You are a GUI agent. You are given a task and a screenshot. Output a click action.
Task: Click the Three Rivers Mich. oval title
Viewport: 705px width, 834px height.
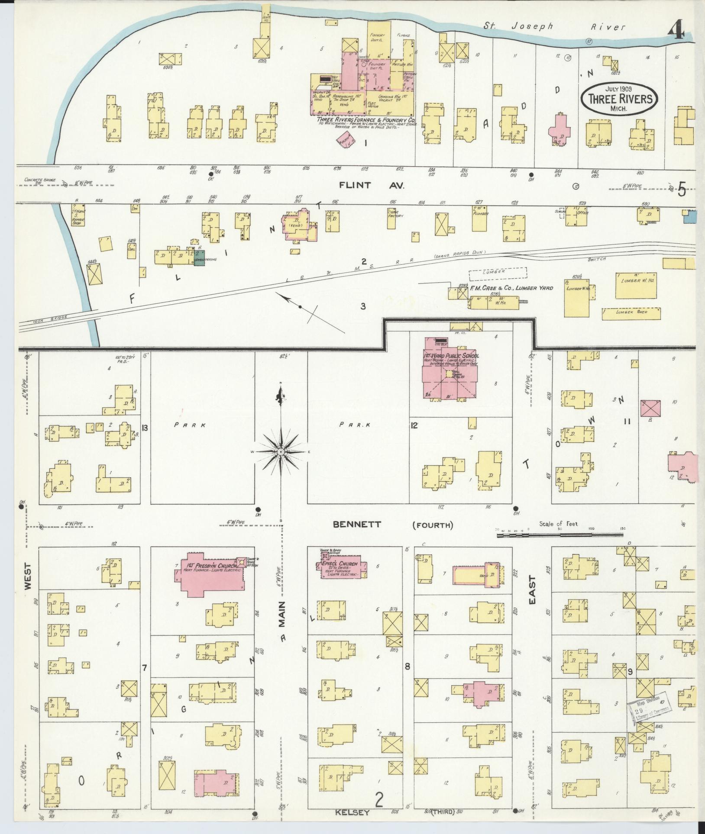(620, 99)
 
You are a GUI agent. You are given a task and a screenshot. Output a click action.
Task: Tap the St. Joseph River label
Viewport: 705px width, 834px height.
(554, 27)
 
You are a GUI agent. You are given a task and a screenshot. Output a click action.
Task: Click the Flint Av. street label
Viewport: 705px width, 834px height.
(372, 185)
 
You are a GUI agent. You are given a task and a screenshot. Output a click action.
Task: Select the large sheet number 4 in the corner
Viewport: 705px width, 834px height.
(676, 31)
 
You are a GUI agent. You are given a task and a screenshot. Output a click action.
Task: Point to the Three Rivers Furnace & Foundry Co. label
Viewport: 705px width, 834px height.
(366, 119)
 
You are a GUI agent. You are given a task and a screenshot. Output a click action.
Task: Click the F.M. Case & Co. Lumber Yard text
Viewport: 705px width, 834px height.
(511, 288)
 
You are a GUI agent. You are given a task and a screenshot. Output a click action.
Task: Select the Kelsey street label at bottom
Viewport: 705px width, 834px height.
(352, 813)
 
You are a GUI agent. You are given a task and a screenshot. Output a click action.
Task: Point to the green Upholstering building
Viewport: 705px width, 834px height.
(200, 257)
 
